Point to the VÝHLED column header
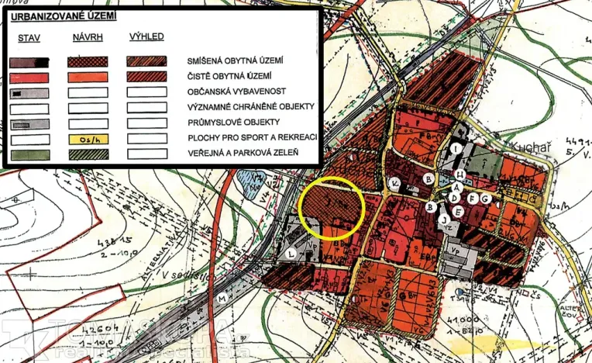pyautogui.click(x=146, y=37)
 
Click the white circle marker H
pyautogui.click(x=459, y=175)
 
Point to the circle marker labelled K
pyautogui.click(x=394, y=184)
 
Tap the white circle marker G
pyautogui.click(x=485, y=199)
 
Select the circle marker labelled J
pyautogui.click(x=444, y=220)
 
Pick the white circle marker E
pyautogui.click(x=457, y=211)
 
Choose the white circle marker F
pyautogui.click(x=472, y=199)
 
